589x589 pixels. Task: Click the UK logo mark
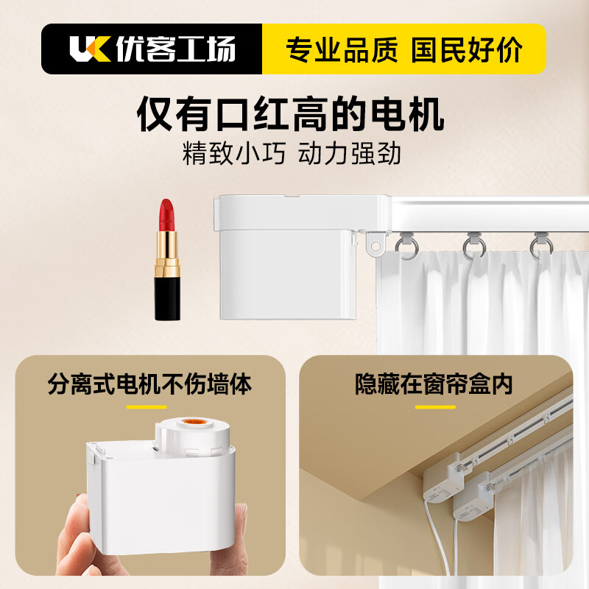point(89,49)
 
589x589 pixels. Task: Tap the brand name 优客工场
point(175,49)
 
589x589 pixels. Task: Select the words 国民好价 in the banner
point(467,49)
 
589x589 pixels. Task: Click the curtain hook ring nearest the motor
point(406,245)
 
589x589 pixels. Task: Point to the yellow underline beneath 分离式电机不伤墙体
point(147,406)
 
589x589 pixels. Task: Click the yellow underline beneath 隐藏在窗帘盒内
point(435,406)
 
